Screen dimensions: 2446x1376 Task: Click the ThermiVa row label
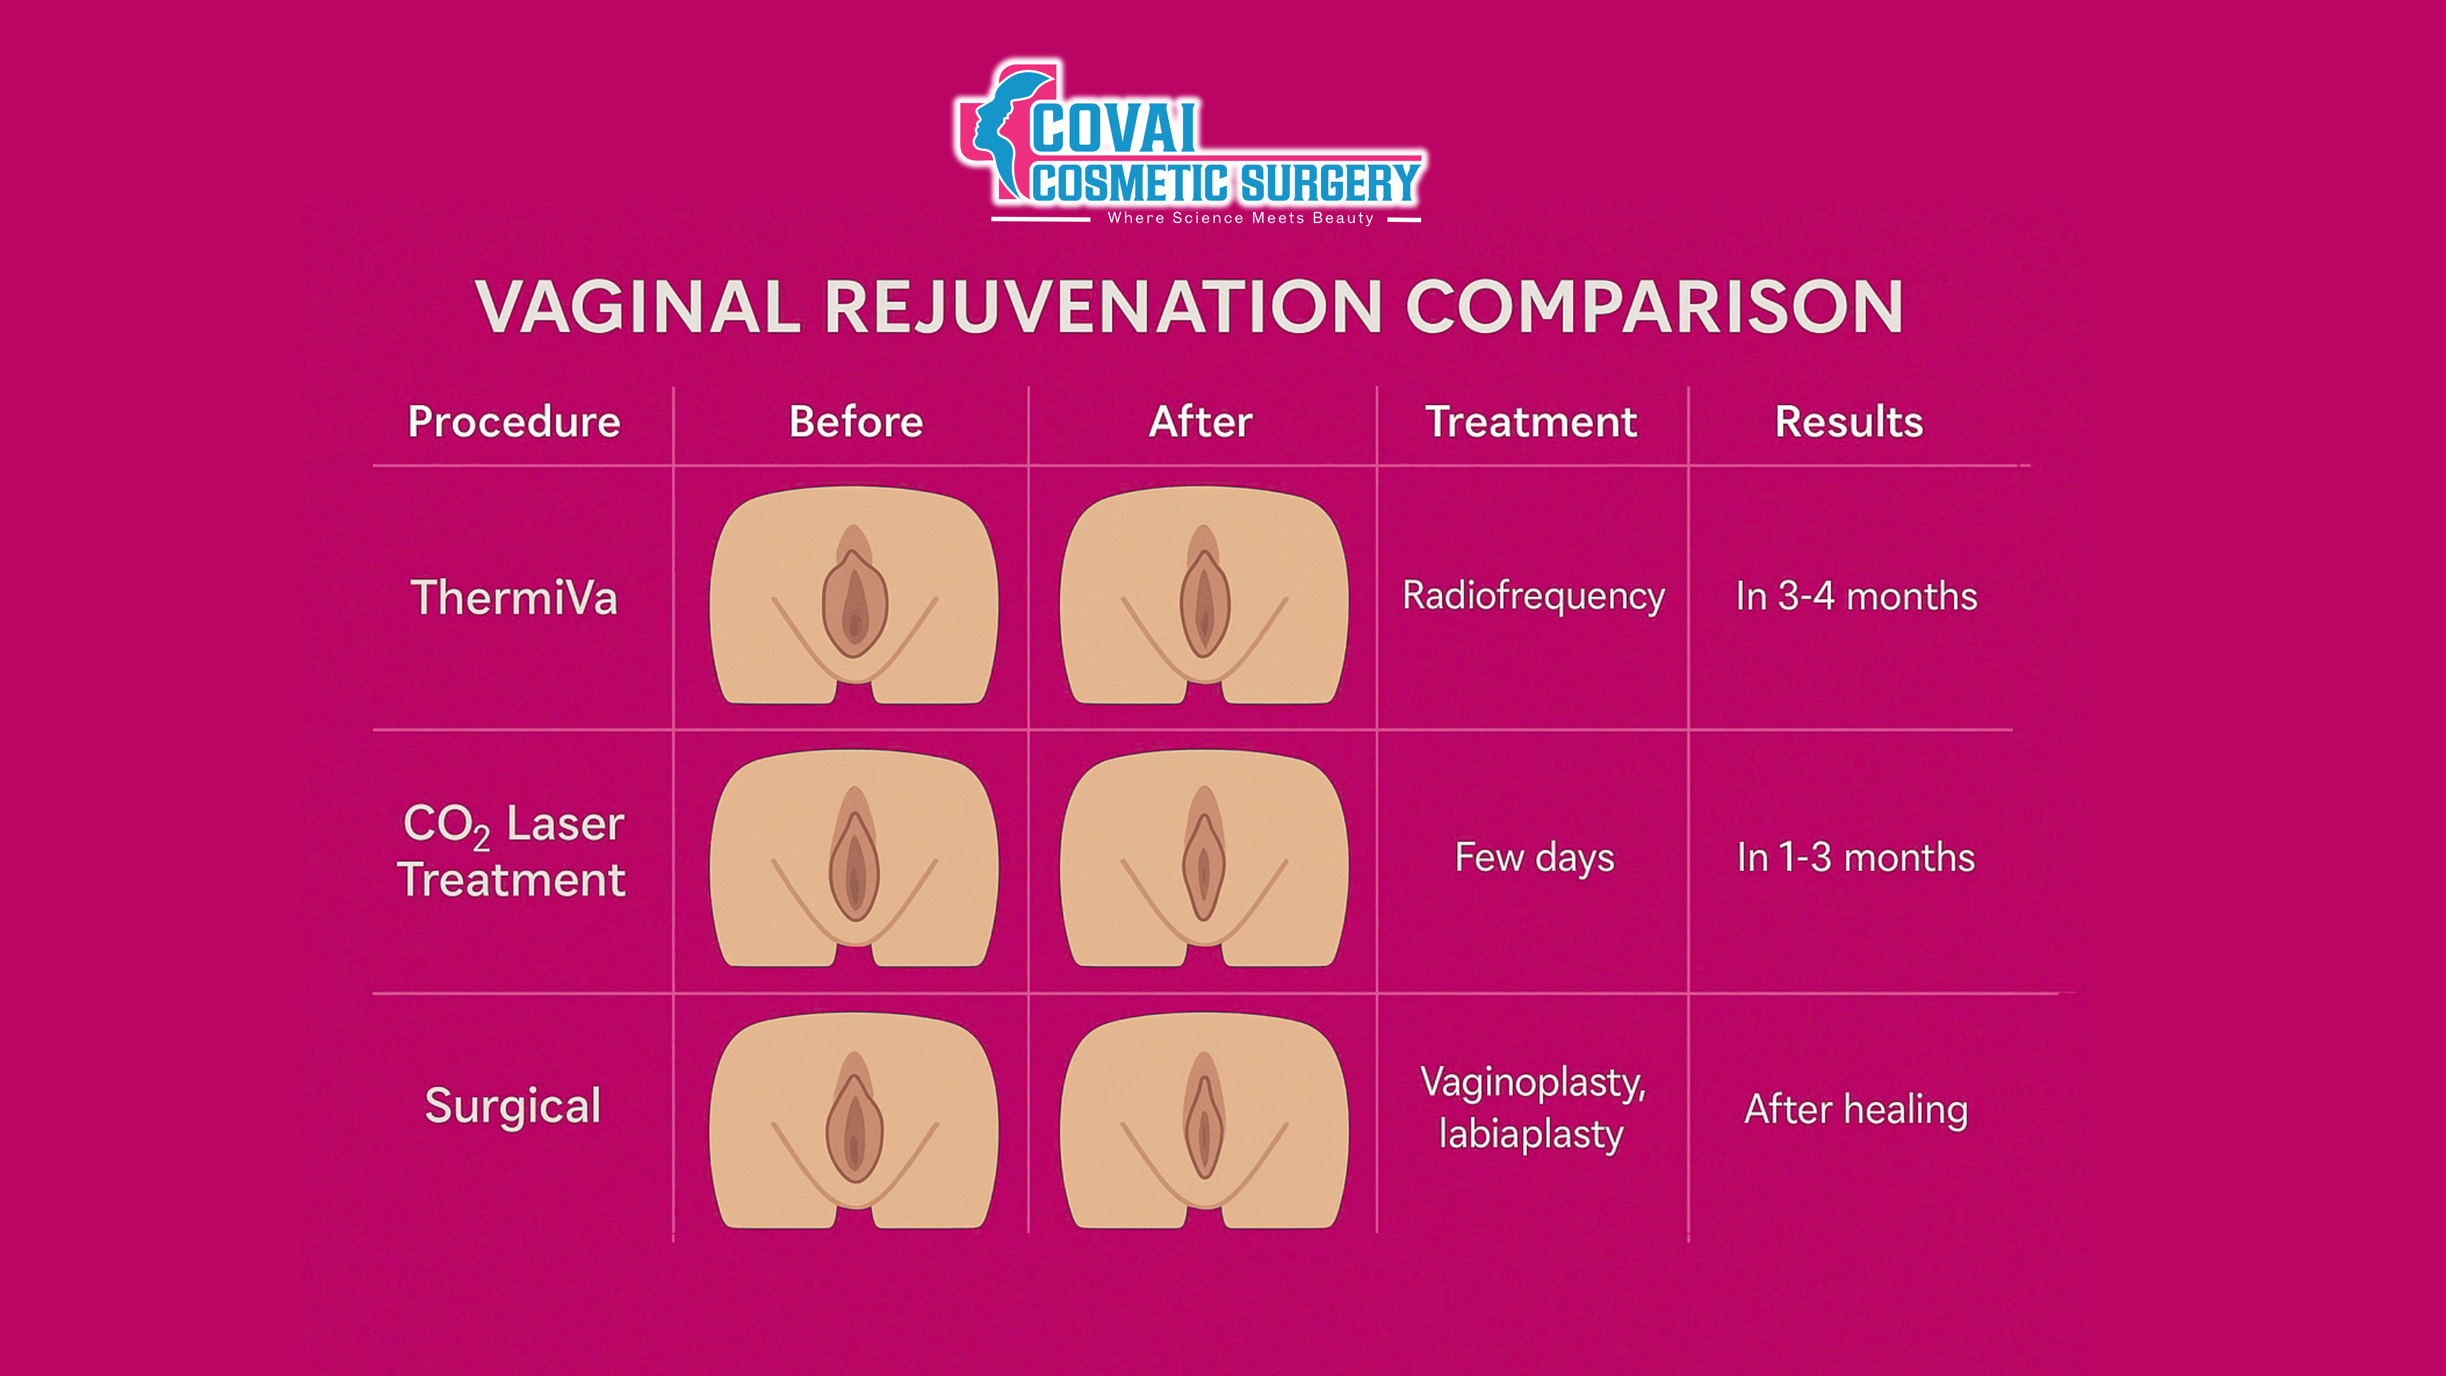point(514,598)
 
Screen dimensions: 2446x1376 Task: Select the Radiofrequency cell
point(1534,596)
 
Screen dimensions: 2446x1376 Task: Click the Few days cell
point(1534,857)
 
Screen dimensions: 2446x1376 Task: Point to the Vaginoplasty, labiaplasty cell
point(1532,1108)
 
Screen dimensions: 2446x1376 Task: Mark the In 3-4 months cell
point(1857,596)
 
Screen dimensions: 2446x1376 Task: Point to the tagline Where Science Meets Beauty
point(1240,219)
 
